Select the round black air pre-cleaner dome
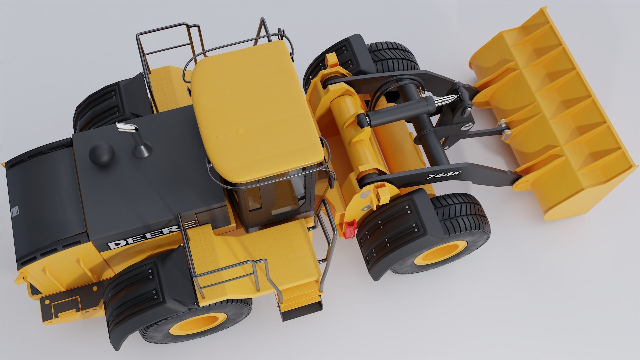tap(101, 153)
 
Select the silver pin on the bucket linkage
tap(507, 135)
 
